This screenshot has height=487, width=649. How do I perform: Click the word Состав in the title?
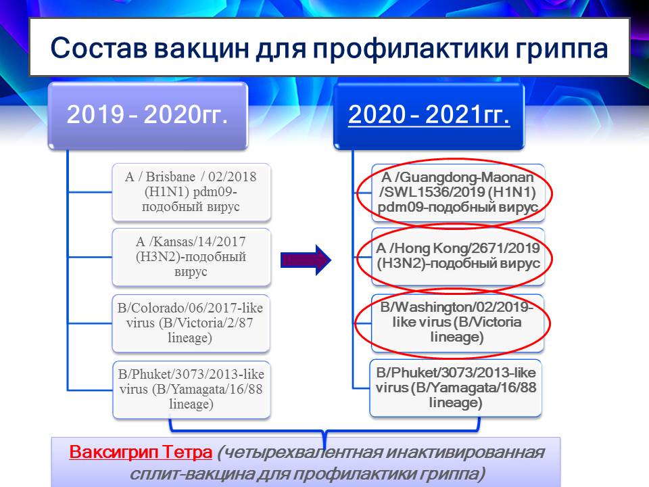pyautogui.click(x=99, y=47)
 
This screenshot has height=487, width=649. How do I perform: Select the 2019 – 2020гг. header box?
pyautogui.click(x=148, y=116)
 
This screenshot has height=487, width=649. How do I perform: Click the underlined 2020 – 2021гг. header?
pyautogui.click(x=429, y=114)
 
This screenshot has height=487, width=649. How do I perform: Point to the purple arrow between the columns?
pyautogui.click(x=306, y=260)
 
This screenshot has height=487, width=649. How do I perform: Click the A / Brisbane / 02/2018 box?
pyautogui.click(x=191, y=192)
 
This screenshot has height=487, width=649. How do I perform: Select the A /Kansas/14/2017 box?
pyautogui.click(x=191, y=257)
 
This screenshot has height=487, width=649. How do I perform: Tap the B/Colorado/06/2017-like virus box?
pyautogui.click(x=191, y=323)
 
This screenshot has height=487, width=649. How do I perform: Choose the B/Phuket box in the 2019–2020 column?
pyautogui.click(x=191, y=390)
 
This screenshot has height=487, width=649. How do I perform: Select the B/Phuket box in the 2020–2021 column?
pyautogui.click(x=456, y=388)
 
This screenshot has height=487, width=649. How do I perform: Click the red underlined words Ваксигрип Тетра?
pyautogui.click(x=141, y=453)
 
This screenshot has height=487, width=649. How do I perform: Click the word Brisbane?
pyautogui.click(x=170, y=177)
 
